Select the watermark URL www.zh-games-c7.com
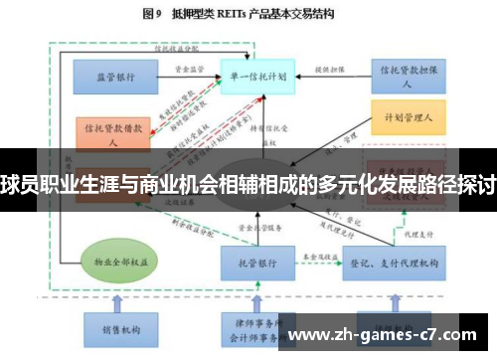[394, 334]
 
